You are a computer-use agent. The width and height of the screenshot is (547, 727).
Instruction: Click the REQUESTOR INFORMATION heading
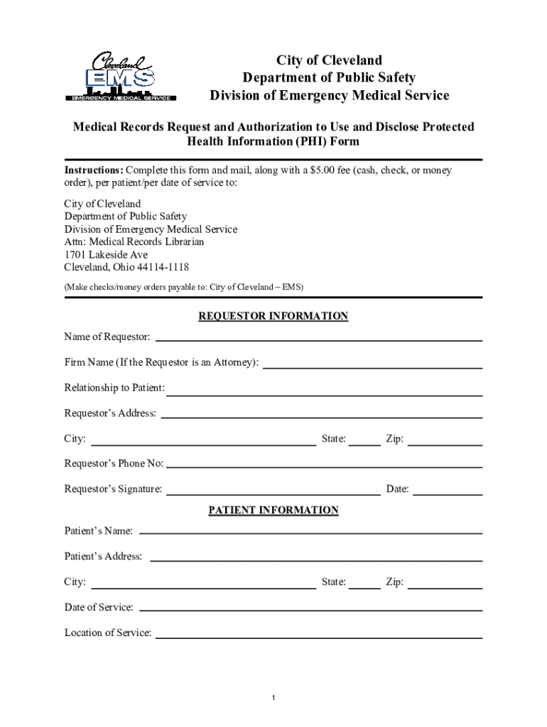point(273,316)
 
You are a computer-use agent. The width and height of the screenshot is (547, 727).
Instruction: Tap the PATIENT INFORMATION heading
point(273,510)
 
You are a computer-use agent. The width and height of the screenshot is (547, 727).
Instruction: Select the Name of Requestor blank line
point(318,340)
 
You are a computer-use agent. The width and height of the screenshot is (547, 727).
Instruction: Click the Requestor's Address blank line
point(322,417)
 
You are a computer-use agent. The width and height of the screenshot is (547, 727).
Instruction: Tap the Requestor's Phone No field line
point(324,466)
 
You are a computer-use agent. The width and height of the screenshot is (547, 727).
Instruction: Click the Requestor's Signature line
point(273,493)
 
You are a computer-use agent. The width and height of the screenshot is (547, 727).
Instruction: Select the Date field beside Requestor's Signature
point(448,493)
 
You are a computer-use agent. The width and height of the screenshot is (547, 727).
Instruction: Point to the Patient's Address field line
point(316,559)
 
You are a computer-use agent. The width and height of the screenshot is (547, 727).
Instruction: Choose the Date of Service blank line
point(311,610)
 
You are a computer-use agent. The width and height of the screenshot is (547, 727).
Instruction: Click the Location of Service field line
point(319,637)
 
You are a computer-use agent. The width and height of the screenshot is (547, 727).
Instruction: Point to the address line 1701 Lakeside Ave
point(106,254)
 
